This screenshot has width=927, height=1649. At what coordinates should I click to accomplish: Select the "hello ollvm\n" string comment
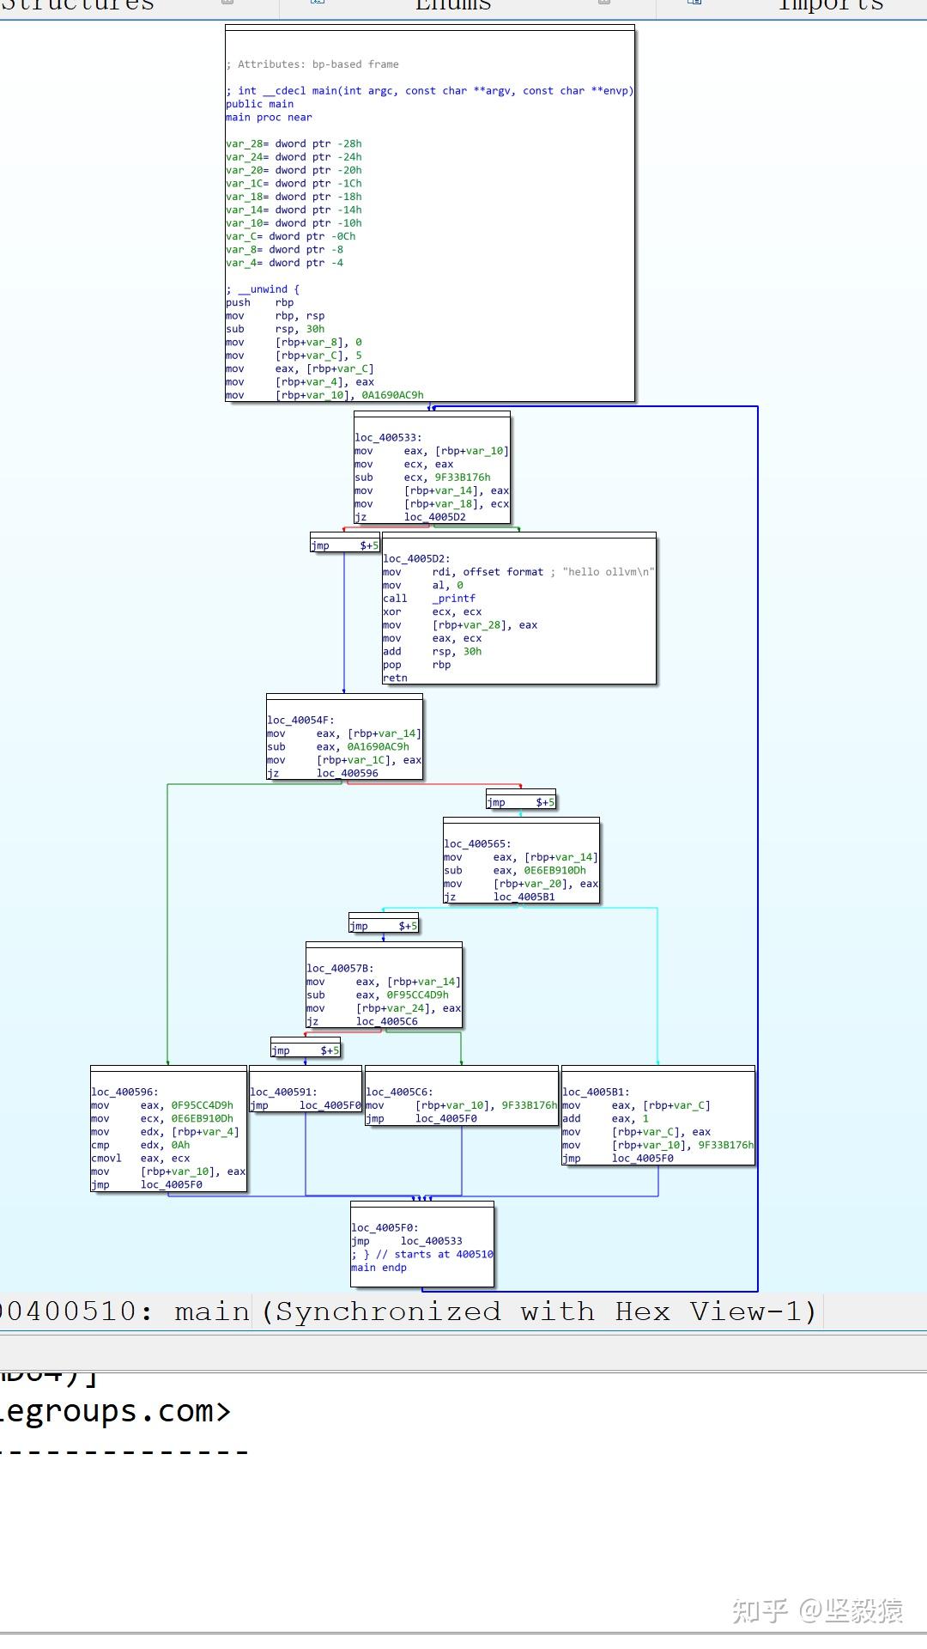coord(609,572)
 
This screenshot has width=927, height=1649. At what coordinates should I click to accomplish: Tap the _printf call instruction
coord(453,599)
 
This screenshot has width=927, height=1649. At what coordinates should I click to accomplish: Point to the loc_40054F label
coord(300,721)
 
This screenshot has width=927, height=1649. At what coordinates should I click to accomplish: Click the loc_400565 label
coord(477,844)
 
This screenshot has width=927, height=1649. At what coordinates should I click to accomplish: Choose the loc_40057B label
coord(340,969)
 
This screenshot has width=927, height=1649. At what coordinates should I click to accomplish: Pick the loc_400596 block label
coord(124,1092)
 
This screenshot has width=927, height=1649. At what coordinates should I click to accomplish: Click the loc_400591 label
coord(283,1092)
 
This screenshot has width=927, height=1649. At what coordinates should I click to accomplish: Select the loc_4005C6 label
coord(399,1092)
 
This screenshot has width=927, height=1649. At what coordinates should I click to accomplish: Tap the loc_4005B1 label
coord(596,1092)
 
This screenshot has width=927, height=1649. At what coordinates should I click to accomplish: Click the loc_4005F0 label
coord(385,1228)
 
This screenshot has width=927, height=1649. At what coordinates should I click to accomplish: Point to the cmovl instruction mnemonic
coord(106,1159)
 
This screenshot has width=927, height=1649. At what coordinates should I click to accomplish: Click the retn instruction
coord(395,678)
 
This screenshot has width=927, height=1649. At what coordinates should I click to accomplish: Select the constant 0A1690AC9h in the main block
coord(392,396)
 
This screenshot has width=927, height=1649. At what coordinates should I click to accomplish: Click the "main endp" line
coord(379,1268)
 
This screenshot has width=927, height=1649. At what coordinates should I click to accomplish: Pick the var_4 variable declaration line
coord(284,263)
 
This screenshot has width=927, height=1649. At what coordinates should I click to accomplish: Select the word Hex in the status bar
coord(642,1312)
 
